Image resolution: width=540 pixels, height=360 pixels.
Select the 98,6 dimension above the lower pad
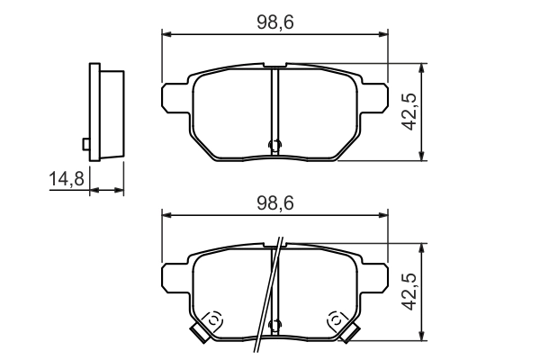tap(275, 203)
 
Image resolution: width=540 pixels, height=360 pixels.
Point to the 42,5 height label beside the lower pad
tap(408, 292)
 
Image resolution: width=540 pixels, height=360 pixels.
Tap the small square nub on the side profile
tap(85, 143)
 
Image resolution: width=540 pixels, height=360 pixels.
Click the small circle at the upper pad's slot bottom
tap(275, 145)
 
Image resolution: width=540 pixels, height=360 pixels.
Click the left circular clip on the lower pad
tap(214, 318)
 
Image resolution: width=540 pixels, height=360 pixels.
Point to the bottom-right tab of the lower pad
tap(350, 334)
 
